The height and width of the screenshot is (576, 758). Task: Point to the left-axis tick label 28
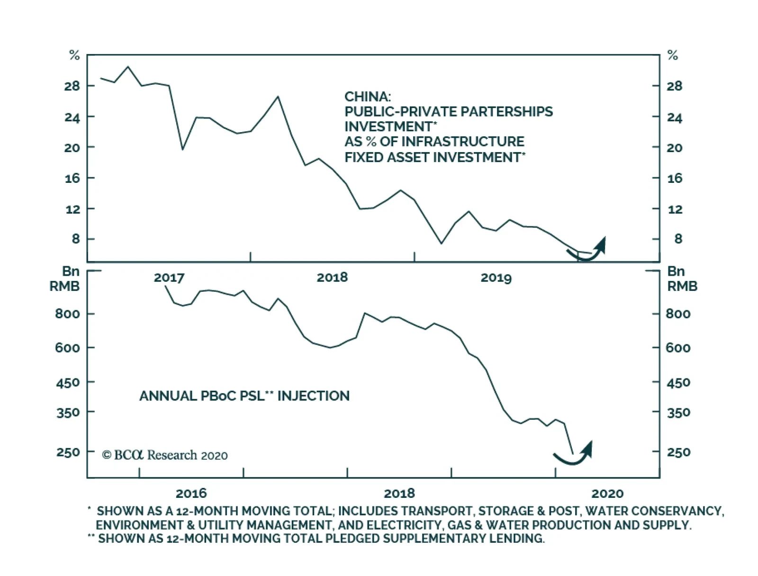(x=72, y=86)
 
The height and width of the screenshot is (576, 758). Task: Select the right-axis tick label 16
(x=675, y=179)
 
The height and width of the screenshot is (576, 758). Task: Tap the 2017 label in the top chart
(x=169, y=278)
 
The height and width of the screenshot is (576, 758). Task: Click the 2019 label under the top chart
(x=496, y=278)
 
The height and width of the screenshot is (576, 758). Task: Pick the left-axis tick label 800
(x=68, y=314)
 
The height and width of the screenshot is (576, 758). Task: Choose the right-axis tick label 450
(x=678, y=382)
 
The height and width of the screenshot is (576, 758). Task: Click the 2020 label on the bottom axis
(x=607, y=494)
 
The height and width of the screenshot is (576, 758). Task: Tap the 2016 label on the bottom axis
(x=191, y=494)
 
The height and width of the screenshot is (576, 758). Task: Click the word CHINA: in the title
(x=368, y=97)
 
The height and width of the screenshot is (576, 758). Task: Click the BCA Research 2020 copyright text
(x=165, y=455)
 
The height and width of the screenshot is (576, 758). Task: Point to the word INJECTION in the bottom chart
(x=313, y=396)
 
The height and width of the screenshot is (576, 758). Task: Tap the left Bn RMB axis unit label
(x=65, y=279)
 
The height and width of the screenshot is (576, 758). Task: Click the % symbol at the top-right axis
(x=673, y=55)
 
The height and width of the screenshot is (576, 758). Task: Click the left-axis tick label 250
(x=68, y=452)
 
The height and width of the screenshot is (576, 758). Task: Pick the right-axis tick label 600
(x=678, y=348)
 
